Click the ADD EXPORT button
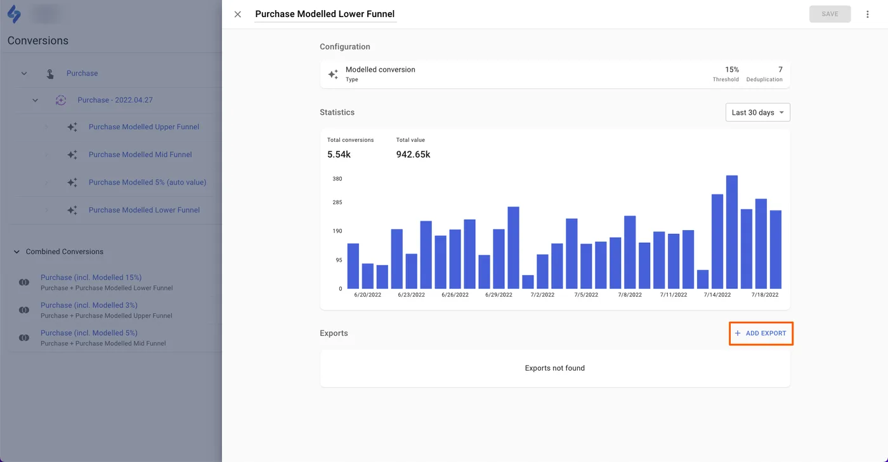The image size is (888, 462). point(761,333)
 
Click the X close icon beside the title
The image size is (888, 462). point(238,14)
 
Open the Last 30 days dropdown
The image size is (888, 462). point(757,112)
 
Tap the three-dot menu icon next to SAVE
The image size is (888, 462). point(868,14)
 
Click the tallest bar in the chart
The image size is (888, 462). point(731,232)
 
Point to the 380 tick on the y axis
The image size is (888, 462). point(337,179)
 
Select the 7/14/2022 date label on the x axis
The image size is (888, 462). point(717,295)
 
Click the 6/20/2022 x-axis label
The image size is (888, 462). point(367,295)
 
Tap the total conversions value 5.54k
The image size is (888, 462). point(339,154)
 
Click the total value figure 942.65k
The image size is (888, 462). point(413,154)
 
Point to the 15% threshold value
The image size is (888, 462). point(732,70)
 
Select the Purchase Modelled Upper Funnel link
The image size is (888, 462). point(143,127)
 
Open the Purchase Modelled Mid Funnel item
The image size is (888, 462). point(140,155)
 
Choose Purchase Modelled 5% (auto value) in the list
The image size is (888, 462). point(147,183)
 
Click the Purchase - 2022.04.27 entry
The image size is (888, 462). point(115,100)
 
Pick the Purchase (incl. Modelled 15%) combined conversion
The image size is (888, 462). point(91,278)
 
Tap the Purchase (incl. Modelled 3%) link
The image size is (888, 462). point(89,305)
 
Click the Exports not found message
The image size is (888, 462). point(554,368)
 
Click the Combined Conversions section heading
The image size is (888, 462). point(64,252)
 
